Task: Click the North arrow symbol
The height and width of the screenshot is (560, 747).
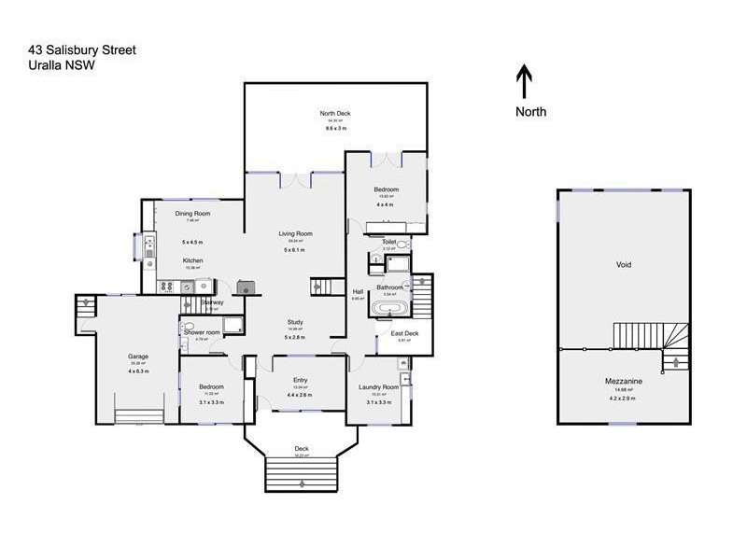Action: click(525, 81)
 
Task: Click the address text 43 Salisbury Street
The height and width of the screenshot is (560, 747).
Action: click(83, 49)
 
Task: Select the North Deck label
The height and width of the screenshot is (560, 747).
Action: click(337, 114)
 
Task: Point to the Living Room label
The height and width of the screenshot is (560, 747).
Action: click(295, 233)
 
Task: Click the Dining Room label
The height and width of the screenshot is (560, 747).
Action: click(192, 214)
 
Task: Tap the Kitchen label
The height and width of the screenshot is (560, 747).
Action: click(192, 260)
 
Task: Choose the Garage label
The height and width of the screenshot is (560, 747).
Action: click(138, 356)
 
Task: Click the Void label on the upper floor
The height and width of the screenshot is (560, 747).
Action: click(624, 264)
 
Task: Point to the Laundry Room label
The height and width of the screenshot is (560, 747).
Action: click(378, 386)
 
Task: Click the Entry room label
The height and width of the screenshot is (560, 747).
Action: click(300, 380)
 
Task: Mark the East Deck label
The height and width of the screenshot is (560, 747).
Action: click(404, 332)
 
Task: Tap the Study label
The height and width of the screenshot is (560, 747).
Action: click(295, 322)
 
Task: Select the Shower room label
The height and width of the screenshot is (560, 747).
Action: click(201, 332)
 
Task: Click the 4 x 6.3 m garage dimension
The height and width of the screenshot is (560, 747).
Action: click(138, 371)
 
